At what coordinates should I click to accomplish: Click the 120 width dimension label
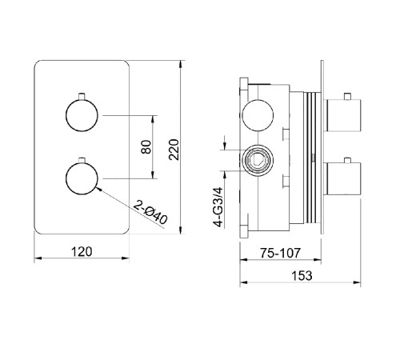82,252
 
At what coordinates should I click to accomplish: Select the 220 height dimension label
174,150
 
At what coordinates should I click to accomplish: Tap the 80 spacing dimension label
146,147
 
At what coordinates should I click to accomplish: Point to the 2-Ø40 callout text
150,212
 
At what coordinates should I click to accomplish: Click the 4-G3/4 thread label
218,207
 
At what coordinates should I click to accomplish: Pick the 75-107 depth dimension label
280,253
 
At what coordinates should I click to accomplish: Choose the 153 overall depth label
302,276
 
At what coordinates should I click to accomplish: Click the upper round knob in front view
82,115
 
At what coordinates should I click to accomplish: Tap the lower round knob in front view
82,178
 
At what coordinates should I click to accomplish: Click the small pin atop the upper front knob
82,96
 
